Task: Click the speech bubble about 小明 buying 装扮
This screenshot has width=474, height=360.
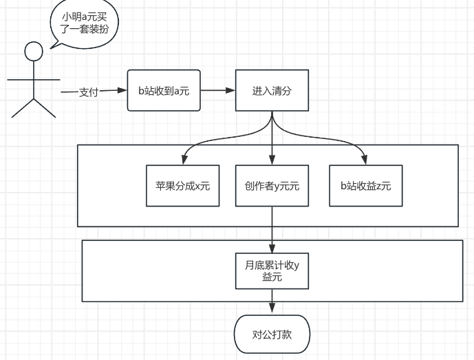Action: click(x=85, y=23)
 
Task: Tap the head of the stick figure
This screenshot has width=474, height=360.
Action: click(x=34, y=52)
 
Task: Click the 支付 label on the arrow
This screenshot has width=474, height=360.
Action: click(x=89, y=92)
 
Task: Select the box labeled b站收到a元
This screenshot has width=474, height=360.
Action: click(x=164, y=90)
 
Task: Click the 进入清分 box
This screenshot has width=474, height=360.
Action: click(x=272, y=90)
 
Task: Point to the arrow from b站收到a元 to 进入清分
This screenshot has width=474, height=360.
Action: click(x=217, y=90)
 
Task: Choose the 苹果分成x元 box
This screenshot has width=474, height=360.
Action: click(x=182, y=186)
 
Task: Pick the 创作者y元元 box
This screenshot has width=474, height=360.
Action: click(x=272, y=186)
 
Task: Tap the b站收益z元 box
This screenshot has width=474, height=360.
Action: click(x=366, y=186)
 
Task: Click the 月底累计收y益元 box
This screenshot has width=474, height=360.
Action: click(x=272, y=271)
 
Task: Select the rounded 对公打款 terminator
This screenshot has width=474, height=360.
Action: click(x=272, y=335)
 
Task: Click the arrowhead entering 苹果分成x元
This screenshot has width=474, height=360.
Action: click(x=184, y=160)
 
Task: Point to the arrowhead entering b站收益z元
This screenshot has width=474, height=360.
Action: click(x=364, y=160)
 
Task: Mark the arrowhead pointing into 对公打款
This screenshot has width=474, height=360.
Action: click(x=272, y=308)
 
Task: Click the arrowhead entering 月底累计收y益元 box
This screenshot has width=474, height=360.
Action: click(x=272, y=248)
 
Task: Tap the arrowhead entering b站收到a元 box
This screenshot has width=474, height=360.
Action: click(x=122, y=90)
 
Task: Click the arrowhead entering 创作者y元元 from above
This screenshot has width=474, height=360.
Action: click(x=272, y=160)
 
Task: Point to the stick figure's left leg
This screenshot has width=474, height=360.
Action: click(x=23, y=108)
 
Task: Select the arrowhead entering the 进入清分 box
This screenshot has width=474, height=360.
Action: click(x=230, y=90)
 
